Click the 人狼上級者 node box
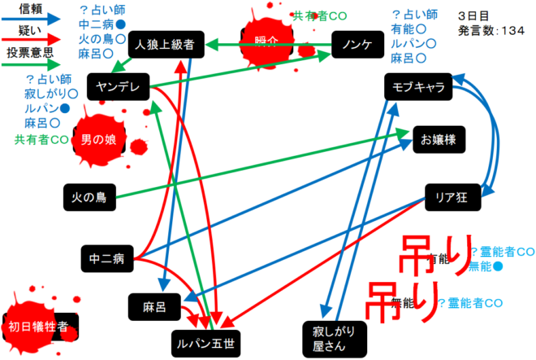tap(166, 46)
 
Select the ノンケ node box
tap(357, 46)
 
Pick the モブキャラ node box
tap(416, 87)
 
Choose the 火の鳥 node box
tap(90, 195)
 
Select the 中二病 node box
tap(106, 259)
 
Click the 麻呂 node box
tap(154, 306)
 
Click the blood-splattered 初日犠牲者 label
tap(39, 327)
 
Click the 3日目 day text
tap(473, 15)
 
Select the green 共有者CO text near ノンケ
tap(320, 15)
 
